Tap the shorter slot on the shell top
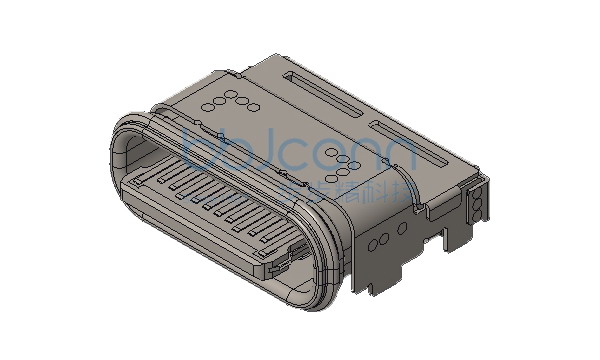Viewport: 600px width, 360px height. pyautogui.click(x=409, y=144)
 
